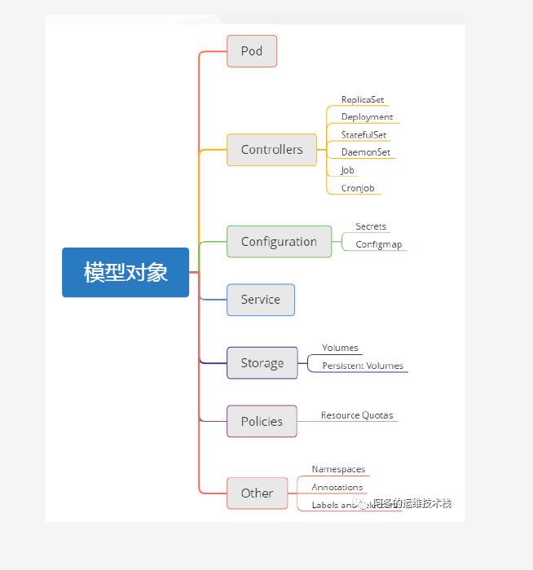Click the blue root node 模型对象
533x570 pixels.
click(126, 272)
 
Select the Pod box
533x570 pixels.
click(252, 51)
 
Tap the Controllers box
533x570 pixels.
click(271, 150)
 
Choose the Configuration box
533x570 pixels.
click(279, 242)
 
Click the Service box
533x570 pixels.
click(260, 300)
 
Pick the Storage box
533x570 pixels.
click(262, 363)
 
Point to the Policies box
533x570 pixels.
click(262, 421)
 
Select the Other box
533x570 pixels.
click(257, 493)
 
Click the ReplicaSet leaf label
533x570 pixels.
click(363, 99)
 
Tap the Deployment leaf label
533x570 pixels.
click(367, 117)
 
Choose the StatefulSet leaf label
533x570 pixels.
click(363, 135)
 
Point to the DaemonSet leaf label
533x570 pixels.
click(365, 152)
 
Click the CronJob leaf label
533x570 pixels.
click(359, 188)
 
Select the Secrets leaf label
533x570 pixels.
click(371, 226)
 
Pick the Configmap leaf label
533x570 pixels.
click(378, 244)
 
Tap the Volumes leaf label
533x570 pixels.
click(340, 348)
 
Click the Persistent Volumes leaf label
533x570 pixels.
click(363, 366)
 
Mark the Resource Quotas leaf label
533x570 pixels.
click(357, 415)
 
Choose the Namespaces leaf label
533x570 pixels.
click(338, 470)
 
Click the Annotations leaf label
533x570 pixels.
click(337, 487)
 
